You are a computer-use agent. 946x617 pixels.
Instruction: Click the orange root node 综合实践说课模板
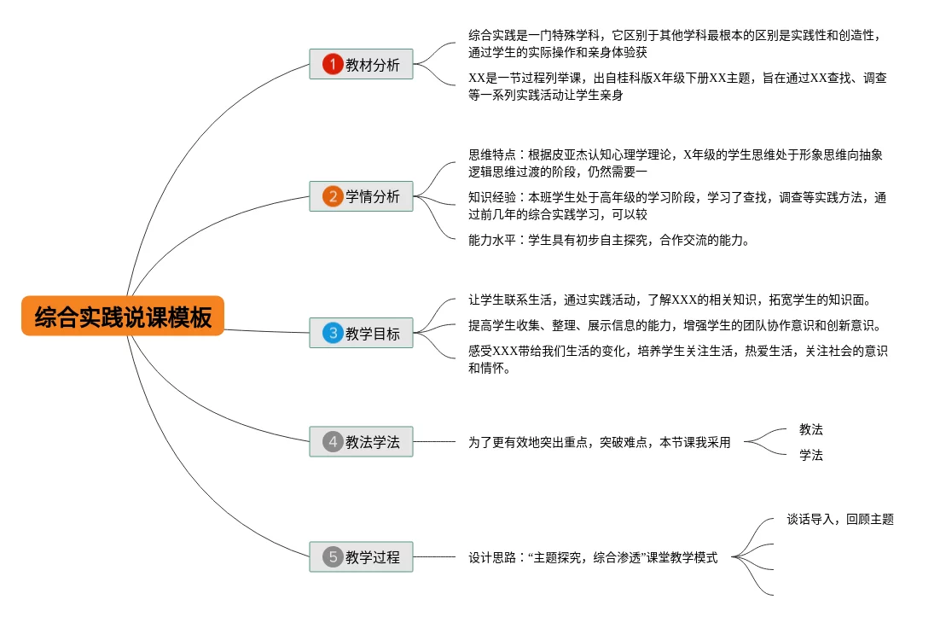[x=123, y=317]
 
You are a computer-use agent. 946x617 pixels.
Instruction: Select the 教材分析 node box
[x=361, y=65]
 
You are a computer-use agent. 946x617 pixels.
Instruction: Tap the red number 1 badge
[x=332, y=65]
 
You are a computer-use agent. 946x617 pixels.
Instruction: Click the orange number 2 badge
[x=332, y=196]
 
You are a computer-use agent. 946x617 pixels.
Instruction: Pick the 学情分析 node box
[x=361, y=196]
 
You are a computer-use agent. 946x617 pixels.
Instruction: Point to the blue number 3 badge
[x=332, y=334]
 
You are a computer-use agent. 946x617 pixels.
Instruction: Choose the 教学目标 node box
[x=361, y=334]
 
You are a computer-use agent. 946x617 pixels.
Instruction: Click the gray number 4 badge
[x=332, y=442]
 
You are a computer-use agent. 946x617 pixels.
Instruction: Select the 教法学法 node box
[x=361, y=442]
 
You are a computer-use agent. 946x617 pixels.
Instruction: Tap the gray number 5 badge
[x=332, y=557]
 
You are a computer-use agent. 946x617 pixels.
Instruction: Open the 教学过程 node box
[x=361, y=557]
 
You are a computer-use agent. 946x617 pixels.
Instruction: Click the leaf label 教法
[x=810, y=429]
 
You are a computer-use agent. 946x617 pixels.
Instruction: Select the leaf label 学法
[x=810, y=456]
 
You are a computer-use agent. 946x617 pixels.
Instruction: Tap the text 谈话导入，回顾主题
[x=839, y=519]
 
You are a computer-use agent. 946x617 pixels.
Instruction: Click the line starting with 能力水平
[x=609, y=240]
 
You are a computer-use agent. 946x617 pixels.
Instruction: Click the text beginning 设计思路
[x=593, y=557]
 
